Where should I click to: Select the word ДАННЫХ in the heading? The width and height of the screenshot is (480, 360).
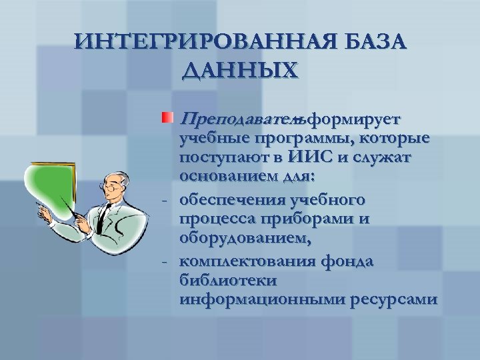coord(240,70)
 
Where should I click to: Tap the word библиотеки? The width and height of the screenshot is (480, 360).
coord(223,280)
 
